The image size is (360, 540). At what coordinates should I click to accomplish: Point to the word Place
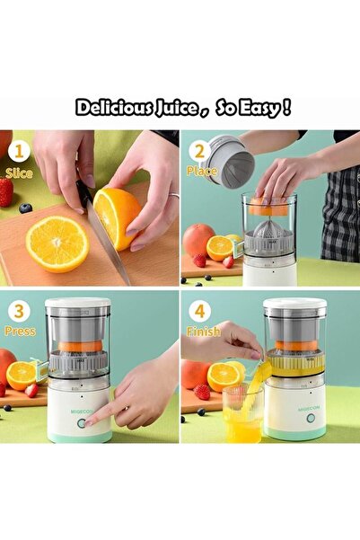202,171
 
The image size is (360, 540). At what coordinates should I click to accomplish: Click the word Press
19,332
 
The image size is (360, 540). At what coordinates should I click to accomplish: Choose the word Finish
203,332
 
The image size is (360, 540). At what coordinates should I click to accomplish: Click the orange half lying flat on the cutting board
57,243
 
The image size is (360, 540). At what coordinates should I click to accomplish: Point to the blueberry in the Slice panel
25,208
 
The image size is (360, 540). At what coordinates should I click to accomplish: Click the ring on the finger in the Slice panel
173,194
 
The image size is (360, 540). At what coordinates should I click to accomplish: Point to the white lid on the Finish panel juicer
294,305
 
